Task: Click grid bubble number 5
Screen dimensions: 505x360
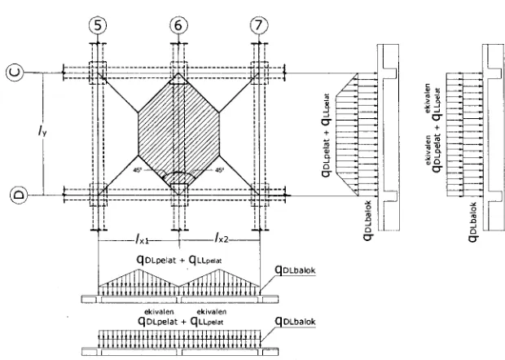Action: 98,25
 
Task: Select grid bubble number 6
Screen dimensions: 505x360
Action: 178,25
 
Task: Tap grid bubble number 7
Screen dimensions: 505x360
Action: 259,25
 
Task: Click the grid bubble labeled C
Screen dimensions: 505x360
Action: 15,72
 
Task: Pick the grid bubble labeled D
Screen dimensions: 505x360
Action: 20,195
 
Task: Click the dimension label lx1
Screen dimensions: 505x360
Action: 142,239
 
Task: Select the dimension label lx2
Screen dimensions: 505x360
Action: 222,238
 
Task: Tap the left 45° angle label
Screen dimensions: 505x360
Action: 138,169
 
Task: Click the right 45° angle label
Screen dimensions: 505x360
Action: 219,169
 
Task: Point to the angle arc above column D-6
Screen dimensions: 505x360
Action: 178,173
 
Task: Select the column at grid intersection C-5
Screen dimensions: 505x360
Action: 98,72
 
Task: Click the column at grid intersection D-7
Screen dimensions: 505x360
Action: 260,195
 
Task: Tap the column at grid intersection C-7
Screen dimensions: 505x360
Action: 259,72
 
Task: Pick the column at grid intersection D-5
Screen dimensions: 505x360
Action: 98,195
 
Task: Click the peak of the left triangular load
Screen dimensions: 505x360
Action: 138,270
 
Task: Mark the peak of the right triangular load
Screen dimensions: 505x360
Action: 219,270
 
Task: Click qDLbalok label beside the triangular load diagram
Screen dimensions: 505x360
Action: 295,270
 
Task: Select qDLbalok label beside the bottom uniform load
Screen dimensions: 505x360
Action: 295,322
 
